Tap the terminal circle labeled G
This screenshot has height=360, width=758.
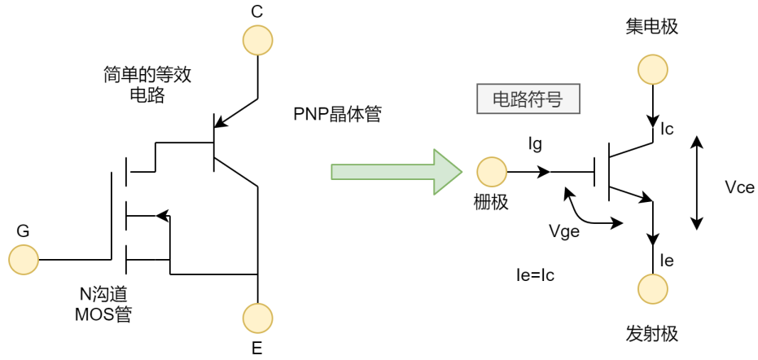coord(24,260)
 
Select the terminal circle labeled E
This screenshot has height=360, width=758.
coord(258,318)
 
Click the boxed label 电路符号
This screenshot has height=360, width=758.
coord(528,99)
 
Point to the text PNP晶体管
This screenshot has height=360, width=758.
coord(338,115)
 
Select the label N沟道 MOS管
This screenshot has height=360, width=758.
coord(102,303)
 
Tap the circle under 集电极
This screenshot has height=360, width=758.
coord(652,70)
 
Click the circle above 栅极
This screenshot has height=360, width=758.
coord(492,172)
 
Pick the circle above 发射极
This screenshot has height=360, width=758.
coord(652,289)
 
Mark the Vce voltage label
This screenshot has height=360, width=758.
coord(738,187)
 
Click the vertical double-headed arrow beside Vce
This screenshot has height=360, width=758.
coord(696,182)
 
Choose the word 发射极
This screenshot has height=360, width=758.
coord(651,334)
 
